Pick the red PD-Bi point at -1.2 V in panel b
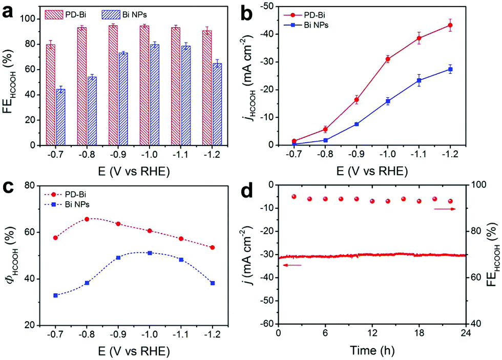tap(450, 25)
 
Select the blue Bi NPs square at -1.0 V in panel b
tap(388, 101)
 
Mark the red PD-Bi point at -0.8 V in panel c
tap(87, 219)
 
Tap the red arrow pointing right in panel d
tap(445, 209)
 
